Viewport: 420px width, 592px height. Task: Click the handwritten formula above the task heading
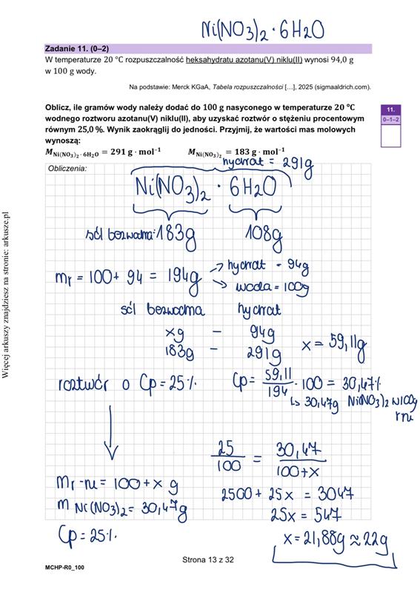click(263, 30)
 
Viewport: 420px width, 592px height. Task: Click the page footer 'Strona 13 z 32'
click(208, 560)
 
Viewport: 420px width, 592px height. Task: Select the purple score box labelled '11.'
click(390, 110)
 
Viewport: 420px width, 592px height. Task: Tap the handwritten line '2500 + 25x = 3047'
click(286, 494)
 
